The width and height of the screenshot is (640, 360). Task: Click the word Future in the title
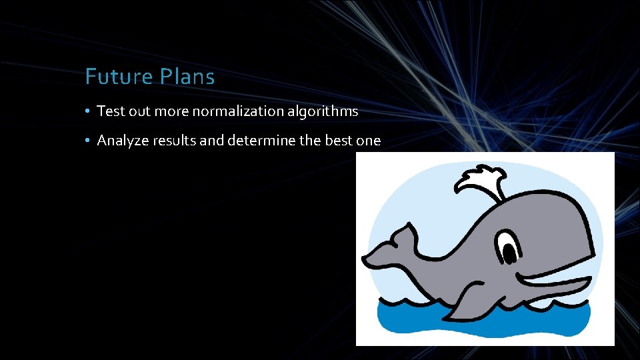tap(119, 77)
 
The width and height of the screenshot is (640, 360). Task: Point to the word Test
tap(111, 111)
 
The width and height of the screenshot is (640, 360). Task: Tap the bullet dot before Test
tap(88, 111)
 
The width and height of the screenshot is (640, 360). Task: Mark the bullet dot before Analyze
tap(88, 141)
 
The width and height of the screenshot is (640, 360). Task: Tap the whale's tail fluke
tap(390, 247)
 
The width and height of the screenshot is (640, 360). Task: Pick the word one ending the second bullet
tap(369, 141)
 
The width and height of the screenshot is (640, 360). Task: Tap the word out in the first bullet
tap(140, 111)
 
